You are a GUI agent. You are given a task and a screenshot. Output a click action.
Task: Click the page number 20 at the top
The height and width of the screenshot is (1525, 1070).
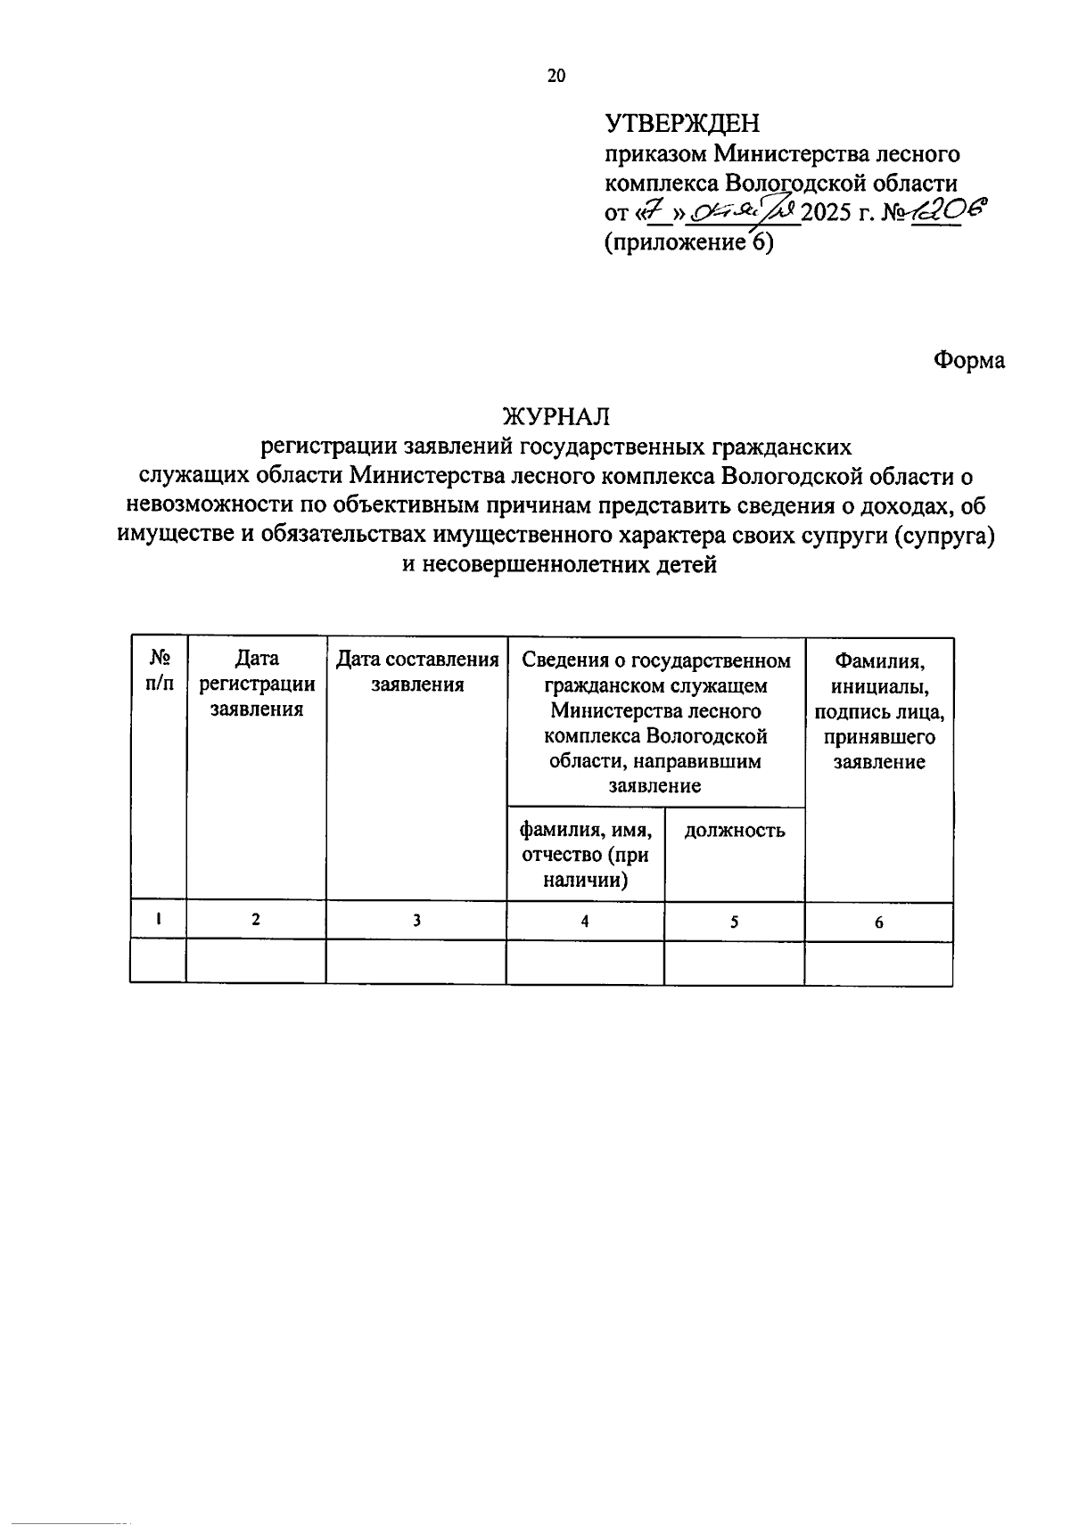pyautogui.click(x=556, y=76)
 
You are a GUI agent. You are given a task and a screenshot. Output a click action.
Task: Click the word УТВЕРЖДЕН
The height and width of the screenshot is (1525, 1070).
pyautogui.click(x=682, y=122)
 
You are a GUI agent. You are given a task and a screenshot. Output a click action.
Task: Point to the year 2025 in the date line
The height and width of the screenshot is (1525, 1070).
pyautogui.click(x=828, y=214)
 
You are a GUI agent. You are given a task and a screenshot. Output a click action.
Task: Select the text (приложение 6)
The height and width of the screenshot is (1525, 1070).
pyautogui.click(x=689, y=242)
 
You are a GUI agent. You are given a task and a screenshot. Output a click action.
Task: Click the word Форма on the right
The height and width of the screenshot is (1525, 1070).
pyautogui.click(x=969, y=360)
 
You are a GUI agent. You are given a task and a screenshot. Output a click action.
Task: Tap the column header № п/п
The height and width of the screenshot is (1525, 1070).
pyautogui.click(x=159, y=670)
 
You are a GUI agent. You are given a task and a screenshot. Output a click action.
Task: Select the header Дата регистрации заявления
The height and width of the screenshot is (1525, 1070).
pyautogui.click(x=257, y=684)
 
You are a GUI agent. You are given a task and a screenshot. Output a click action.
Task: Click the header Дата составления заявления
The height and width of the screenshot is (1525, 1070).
pyautogui.click(x=416, y=671)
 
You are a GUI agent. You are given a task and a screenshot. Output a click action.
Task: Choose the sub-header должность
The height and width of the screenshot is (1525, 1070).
pyautogui.click(x=734, y=831)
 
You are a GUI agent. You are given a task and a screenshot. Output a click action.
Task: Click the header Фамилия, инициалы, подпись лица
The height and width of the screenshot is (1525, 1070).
pyautogui.click(x=879, y=711)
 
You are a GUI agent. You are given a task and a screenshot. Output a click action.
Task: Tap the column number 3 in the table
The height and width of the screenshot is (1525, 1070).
pyautogui.click(x=416, y=922)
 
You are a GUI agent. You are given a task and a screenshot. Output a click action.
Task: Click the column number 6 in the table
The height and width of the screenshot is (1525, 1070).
pyautogui.click(x=879, y=923)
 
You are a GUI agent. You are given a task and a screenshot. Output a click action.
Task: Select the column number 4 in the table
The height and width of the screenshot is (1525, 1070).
pyautogui.click(x=585, y=922)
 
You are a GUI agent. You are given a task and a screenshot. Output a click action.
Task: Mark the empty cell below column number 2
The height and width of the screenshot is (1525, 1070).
pyautogui.click(x=257, y=963)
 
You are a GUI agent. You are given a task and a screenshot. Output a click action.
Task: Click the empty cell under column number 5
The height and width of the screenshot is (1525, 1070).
pyautogui.click(x=734, y=963)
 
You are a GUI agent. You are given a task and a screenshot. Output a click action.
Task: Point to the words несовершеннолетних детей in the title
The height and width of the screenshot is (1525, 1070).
pyautogui.click(x=560, y=564)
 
